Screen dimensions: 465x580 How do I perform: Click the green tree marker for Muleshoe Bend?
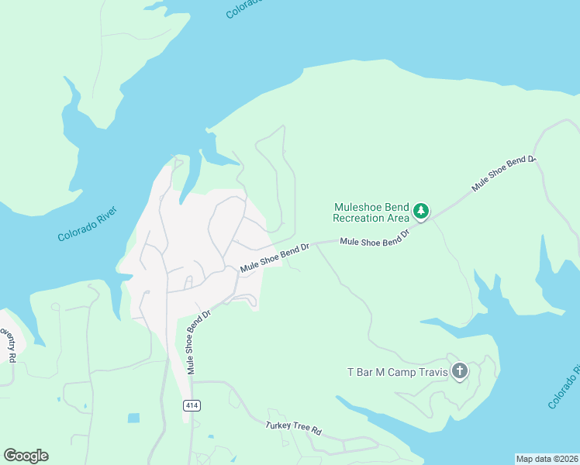420,211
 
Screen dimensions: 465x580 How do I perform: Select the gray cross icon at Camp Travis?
460,372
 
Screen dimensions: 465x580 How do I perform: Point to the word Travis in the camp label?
432,373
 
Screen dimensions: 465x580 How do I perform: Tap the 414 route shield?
192,405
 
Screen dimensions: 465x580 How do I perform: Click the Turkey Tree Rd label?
293,427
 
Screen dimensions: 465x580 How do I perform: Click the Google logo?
26,456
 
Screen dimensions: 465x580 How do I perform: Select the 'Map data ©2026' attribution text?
547,458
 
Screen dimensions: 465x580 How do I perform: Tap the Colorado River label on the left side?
87,225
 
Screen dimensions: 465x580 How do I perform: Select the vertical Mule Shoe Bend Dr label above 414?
199,343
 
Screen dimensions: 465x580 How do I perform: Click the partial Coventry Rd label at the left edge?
7,345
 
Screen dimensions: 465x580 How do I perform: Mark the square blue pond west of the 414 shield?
133,418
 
